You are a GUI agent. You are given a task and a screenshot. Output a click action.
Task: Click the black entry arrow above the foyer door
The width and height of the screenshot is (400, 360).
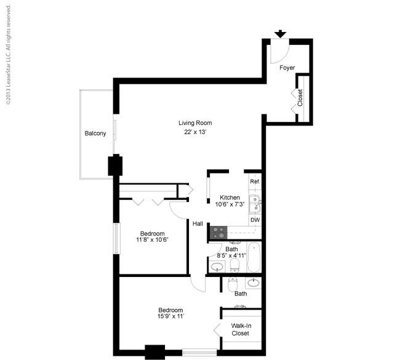point(281,34)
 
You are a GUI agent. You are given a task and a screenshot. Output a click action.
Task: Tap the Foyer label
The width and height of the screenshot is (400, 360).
point(287,68)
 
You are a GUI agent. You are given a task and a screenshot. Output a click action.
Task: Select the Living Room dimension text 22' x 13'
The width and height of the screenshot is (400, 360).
point(195,132)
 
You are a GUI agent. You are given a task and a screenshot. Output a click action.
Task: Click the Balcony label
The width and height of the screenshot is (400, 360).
point(95,133)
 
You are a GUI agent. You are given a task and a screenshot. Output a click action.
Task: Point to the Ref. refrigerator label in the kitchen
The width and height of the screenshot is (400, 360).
point(255,182)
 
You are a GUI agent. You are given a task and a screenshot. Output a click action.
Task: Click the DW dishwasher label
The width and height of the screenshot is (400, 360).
point(255,220)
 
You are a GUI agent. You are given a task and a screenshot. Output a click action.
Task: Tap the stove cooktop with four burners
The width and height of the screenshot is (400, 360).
point(218,233)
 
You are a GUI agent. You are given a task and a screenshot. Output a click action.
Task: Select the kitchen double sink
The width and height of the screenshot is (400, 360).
point(255,204)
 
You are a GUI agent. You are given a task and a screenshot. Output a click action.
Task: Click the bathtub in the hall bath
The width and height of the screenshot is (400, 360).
point(254,257)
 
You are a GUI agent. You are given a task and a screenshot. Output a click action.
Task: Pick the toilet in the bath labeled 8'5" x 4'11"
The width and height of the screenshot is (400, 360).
point(234,265)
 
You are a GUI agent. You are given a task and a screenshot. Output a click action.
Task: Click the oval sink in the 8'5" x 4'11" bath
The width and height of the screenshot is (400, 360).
point(217,266)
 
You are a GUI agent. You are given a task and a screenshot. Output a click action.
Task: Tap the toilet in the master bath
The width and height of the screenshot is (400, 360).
point(233,284)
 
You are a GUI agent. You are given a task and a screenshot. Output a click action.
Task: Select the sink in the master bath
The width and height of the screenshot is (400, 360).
point(254,282)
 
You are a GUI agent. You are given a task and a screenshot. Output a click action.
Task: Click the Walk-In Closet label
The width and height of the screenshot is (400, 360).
point(240,329)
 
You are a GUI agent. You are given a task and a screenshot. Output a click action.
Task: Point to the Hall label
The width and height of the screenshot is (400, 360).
point(198,224)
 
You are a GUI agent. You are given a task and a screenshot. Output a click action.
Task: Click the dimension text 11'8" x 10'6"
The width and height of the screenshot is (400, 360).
point(152,239)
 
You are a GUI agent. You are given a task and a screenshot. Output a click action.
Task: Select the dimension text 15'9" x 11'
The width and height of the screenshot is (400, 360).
point(170,316)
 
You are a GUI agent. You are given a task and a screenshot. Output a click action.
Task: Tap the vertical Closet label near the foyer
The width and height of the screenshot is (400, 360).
point(300,98)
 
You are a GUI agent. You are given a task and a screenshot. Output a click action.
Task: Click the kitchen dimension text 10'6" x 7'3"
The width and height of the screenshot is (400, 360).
point(230,204)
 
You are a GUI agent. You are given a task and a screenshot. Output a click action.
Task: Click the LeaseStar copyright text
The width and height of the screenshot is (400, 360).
point(8,55)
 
